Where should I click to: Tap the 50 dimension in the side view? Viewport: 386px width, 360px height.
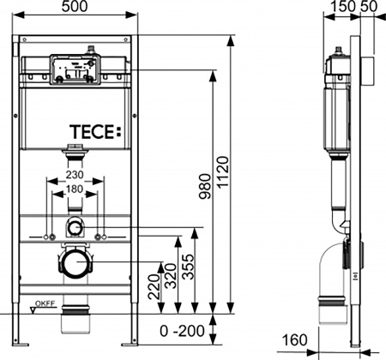point(371,8)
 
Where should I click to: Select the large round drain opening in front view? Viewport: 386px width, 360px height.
point(76,261)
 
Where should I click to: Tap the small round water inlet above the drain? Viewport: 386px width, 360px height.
point(75,228)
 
